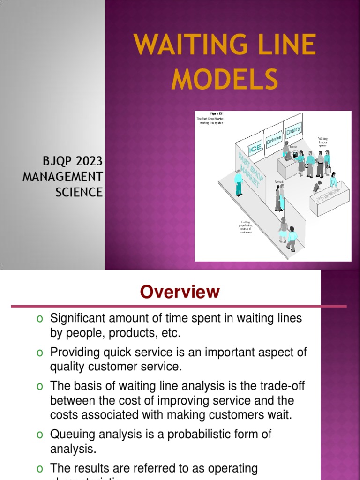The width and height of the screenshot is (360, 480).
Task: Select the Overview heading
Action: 180,292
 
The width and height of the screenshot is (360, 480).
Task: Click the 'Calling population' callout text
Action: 246,226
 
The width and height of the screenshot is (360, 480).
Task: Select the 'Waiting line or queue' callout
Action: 323,142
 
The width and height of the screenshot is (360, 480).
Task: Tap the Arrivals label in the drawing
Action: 279,181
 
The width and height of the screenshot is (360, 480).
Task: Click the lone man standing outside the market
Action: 239,182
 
